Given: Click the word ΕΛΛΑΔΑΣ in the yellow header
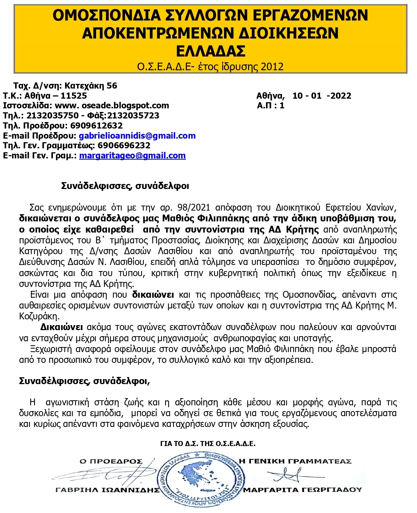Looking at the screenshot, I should (211, 51).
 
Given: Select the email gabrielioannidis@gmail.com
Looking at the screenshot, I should (137, 136).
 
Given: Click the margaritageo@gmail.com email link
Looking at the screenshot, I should (132, 156).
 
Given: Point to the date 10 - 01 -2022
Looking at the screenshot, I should (322, 96).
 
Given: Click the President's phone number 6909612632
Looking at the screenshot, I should (97, 126).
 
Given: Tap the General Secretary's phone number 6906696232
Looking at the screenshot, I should (124, 145).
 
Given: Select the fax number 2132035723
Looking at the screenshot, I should (133, 116).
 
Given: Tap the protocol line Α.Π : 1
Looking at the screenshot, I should (270, 105).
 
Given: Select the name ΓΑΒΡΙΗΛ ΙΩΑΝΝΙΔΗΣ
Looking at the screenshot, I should (107, 490).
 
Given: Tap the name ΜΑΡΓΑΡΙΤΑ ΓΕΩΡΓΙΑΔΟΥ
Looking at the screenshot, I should (302, 490).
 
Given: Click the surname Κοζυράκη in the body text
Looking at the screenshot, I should (39, 316).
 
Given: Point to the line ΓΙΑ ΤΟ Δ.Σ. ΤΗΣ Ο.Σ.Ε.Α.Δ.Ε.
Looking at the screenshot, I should (208, 444).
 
